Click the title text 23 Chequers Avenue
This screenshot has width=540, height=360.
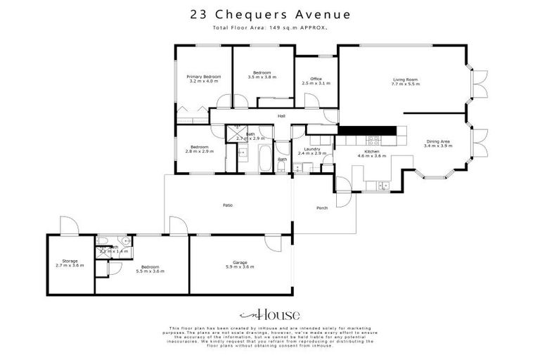[270, 14]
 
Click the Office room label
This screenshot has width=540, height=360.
[316, 79]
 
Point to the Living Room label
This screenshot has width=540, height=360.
[405, 80]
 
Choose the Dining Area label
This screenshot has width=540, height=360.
[438, 141]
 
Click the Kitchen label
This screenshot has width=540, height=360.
[373, 151]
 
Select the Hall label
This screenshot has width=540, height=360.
[281, 116]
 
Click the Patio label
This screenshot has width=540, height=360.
[228, 205]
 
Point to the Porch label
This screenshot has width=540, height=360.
[322, 208]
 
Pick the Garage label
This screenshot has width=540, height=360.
[240, 263]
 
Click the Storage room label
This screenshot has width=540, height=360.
[70, 261]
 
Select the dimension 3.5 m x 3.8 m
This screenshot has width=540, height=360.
[262, 77]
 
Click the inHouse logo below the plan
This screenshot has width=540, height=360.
[270, 315]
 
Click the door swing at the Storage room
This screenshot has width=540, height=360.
[68, 226]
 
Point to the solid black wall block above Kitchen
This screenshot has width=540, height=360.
[367, 130]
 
